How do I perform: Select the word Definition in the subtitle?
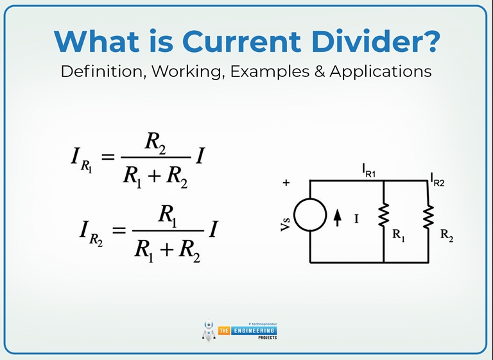(103, 71)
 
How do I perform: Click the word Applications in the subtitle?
(381, 71)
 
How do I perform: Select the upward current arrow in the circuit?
(338, 219)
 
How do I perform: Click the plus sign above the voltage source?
(286, 183)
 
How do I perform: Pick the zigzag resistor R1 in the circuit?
(384, 216)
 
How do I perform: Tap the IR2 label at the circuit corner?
(437, 179)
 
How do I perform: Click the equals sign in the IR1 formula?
(107, 157)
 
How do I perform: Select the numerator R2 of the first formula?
(155, 144)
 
